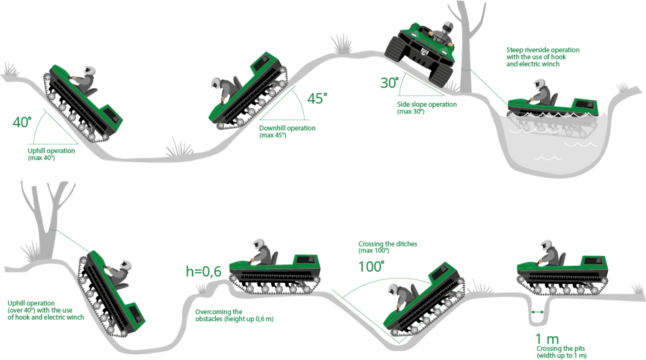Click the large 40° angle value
point(22,122)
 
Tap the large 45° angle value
point(317,98)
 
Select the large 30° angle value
point(390,83)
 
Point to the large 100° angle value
point(371,266)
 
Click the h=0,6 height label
point(204,272)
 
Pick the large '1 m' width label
point(546,339)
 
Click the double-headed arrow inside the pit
point(537,313)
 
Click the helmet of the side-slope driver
point(447,27)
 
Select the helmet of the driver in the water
point(539,84)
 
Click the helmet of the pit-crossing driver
point(546,245)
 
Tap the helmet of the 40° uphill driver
point(90,71)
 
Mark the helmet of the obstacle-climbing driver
point(258,244)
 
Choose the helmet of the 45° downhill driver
point(217,83)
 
